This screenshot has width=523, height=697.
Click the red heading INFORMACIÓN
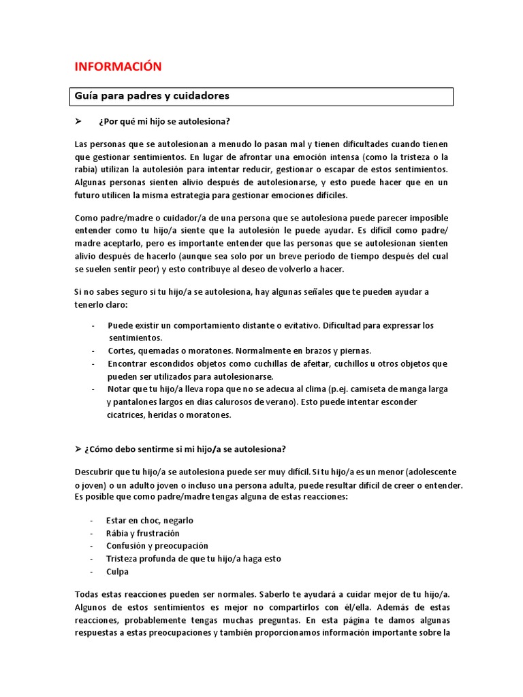118,66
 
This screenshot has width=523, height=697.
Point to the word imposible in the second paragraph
424,218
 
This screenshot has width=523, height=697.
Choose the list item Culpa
117,572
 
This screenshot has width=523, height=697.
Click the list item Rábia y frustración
142,533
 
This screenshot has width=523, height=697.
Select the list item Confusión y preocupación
157,546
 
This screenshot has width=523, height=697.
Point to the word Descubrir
95,472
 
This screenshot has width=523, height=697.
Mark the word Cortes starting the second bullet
122,351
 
